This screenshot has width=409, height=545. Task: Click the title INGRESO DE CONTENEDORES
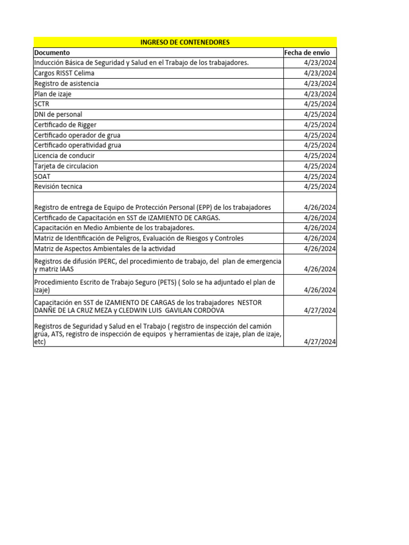point(185,42)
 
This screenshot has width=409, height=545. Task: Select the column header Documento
point(52,53)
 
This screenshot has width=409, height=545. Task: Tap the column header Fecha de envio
point(307,53)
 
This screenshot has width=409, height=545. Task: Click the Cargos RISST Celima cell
point(64,73)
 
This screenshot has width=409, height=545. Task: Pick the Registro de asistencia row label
point(66,84)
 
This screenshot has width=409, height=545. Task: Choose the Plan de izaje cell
point(53,94)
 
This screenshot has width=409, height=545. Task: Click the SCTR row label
point(42,104)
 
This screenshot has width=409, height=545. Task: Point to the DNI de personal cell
point(58,114)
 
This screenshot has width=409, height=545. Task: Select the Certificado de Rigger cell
point(65,125)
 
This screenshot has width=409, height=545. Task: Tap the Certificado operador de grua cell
point(77,135)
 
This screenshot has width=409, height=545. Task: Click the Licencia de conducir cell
point(64,156)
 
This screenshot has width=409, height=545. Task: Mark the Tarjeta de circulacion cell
point(66,166)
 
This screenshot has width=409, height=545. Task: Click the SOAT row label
point(42,177)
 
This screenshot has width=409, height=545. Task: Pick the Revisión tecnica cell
point(58,187)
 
